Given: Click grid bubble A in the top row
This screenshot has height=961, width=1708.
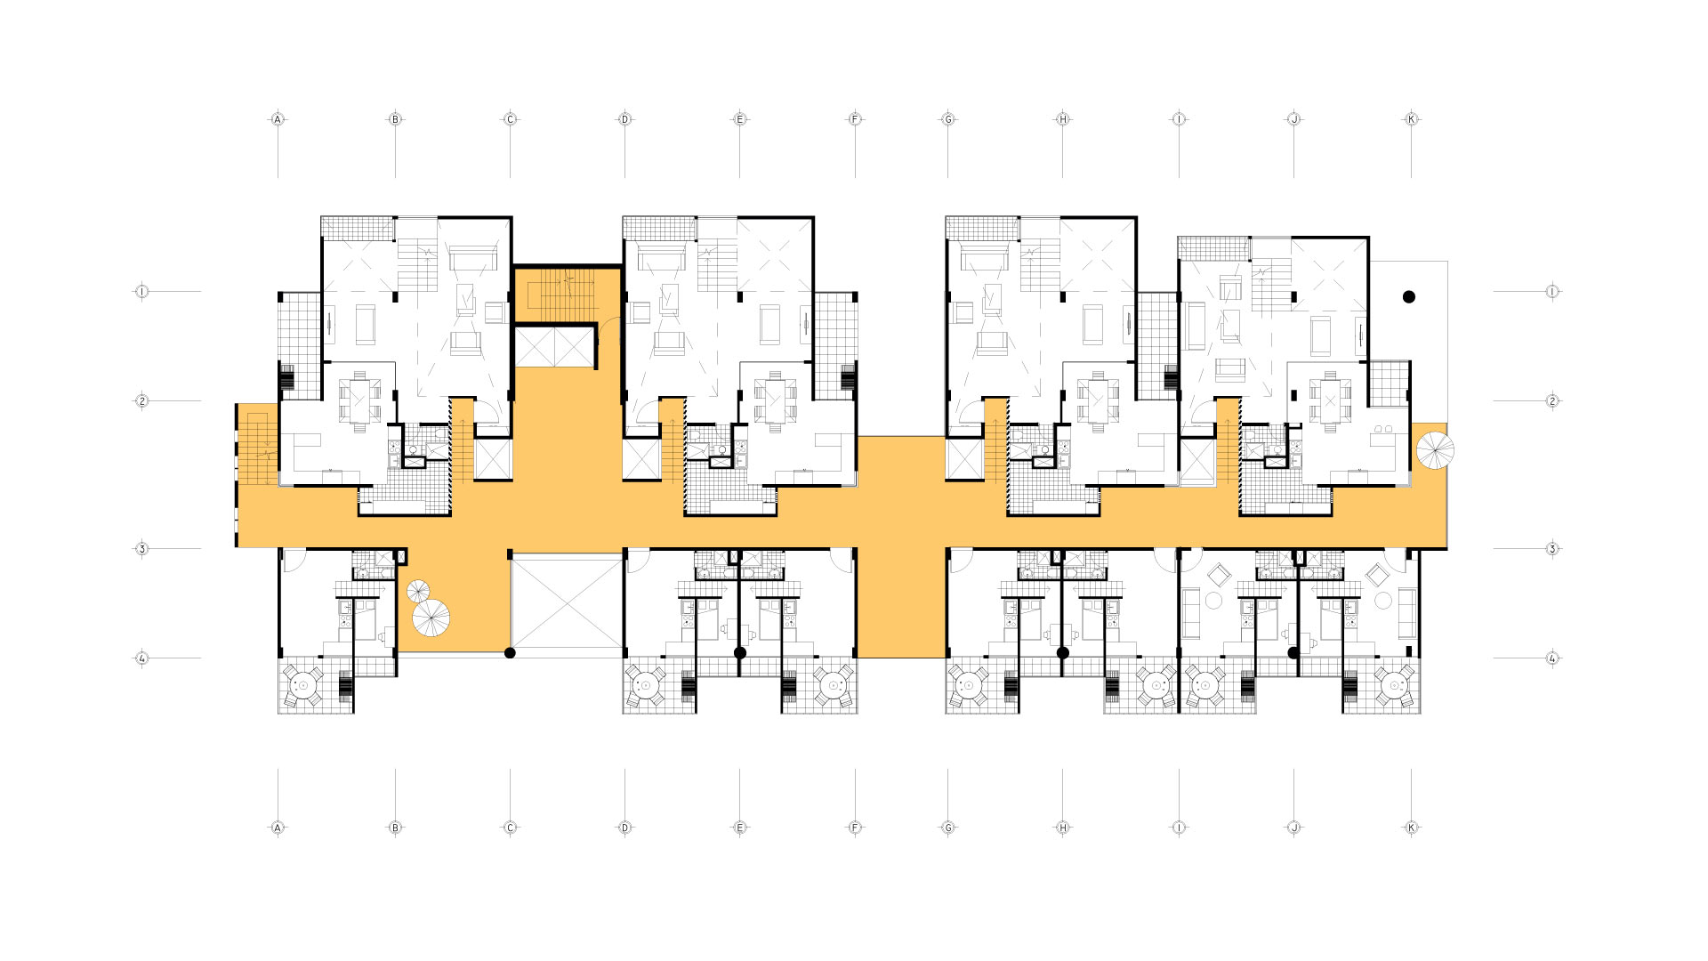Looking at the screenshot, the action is pyautogui.click(x=278, y=119).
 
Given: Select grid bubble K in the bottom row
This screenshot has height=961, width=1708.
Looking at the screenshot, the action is pyautogui.click(x=1411, y=828).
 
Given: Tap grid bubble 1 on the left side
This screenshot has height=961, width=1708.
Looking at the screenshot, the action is pyautogui.click(x=141, y=291).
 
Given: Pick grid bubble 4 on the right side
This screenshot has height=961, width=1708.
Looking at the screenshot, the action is pyautogui.click(x=1552, y=658).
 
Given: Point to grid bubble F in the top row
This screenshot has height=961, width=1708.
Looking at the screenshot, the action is pyautogui.click(x=855, y=119).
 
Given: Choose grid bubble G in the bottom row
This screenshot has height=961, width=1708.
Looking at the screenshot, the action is pyautogui.click(x=948, y=828).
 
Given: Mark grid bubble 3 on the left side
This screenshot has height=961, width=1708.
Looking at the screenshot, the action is pyautogui.click(x=141, y=549).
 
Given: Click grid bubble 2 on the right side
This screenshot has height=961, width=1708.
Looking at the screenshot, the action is pyautogui.click(x=1552, y=401).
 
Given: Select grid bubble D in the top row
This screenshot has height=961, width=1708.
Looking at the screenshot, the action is pyautogui.click(x=624, y=119).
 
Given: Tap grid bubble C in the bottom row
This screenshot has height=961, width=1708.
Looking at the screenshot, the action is pyautogui.click(x=510, y=828).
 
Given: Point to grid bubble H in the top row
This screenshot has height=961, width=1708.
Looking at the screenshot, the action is pyautogui.click(x=1062, y=119).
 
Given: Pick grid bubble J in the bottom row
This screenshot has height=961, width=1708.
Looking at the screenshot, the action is pyautogui.click(x=1294, y=828).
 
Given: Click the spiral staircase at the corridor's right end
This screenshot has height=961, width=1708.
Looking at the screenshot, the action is pyautogui.click(x=1435, y=451).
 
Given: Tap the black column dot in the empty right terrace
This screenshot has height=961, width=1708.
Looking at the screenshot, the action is pyautogui.click(x=1409, y=297).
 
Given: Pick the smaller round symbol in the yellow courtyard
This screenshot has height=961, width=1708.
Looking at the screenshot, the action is pyautogui.click(x=418, y=591).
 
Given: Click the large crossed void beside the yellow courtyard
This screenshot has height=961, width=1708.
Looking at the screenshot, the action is pyautogui.click(x=567, y=602).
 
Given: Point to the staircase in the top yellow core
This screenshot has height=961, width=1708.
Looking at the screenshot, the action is pyautogui.click(x=556, y=294).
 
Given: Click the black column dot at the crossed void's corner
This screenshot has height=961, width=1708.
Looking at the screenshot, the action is pyautogui.click(x=510, y=653).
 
